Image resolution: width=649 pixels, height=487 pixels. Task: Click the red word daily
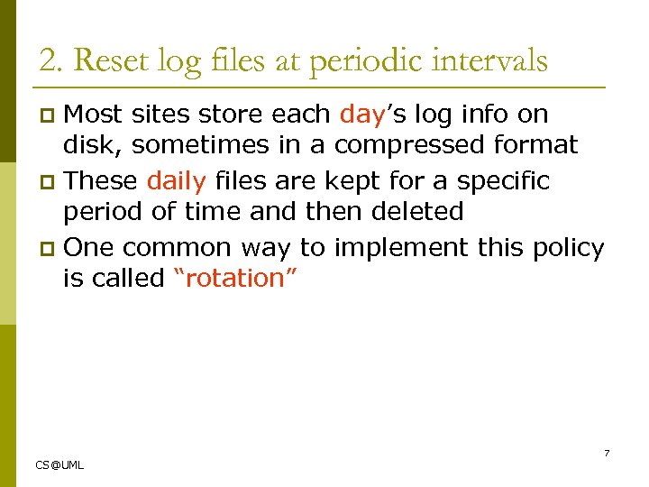(x=177, y=180)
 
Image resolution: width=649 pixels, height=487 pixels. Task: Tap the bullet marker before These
(x=50, y=181)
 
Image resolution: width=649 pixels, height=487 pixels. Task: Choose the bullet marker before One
(x=50, y=246)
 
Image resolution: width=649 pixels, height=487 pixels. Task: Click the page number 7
(x=607, y=453)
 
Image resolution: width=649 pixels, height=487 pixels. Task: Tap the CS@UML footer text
(x=59, y=465)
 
